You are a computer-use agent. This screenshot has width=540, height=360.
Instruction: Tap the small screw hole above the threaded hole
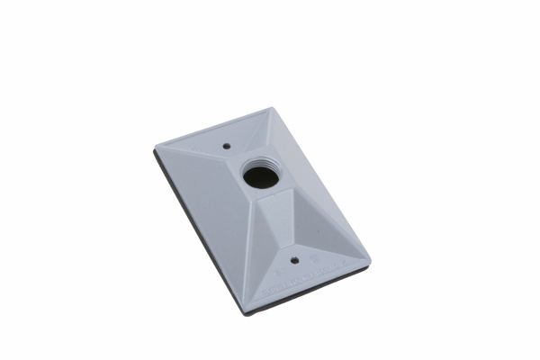tap(226, 142)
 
